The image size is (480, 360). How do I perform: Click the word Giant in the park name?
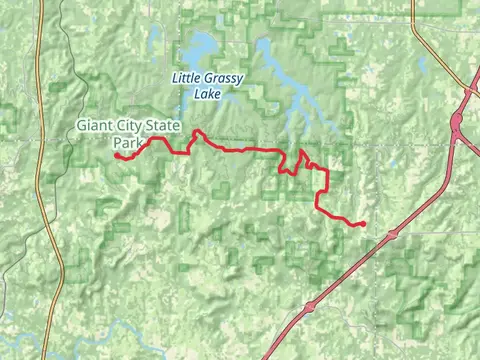96,126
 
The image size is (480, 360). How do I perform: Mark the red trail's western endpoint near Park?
116,156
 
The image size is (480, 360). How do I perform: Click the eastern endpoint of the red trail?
363,224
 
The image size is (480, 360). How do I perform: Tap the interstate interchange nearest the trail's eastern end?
393,233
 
